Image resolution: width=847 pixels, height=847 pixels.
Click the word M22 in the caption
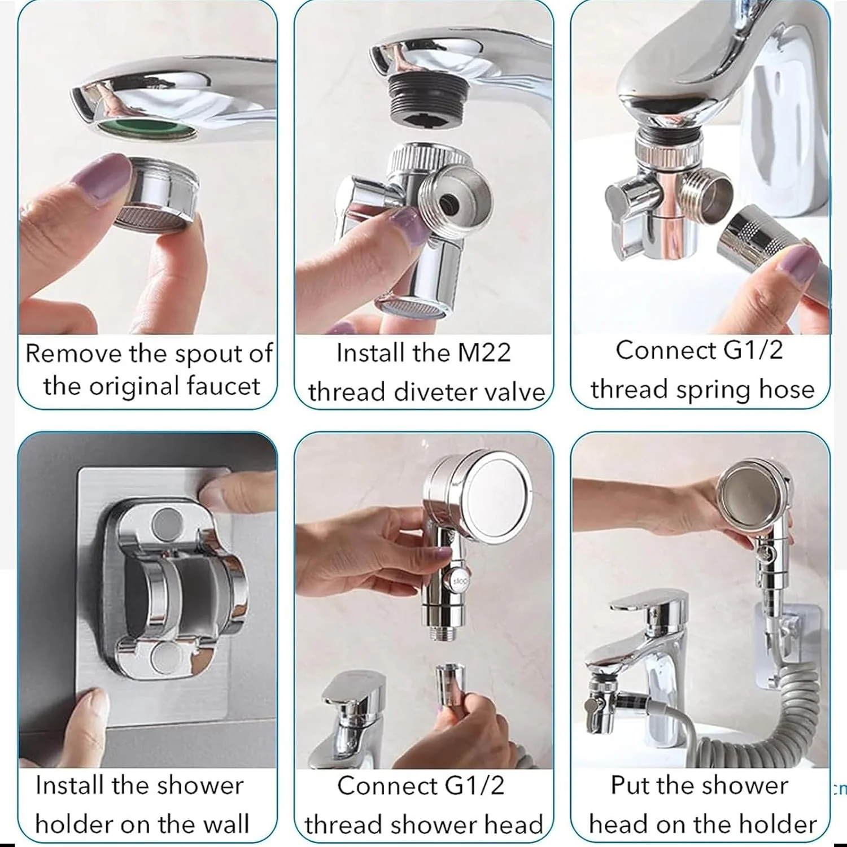tap(484, 353)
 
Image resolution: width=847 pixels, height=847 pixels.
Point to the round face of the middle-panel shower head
tap(496, 490)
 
